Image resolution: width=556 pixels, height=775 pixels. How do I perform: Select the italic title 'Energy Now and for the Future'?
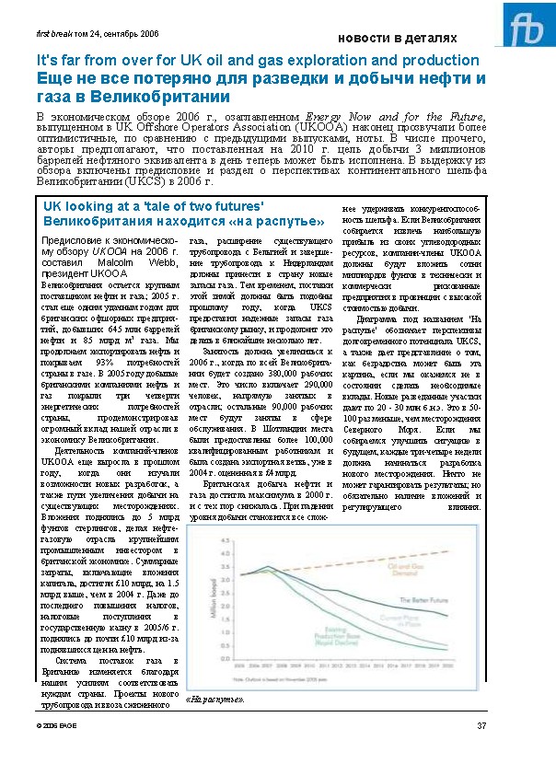pyautogui.click(x=380, y=117)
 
